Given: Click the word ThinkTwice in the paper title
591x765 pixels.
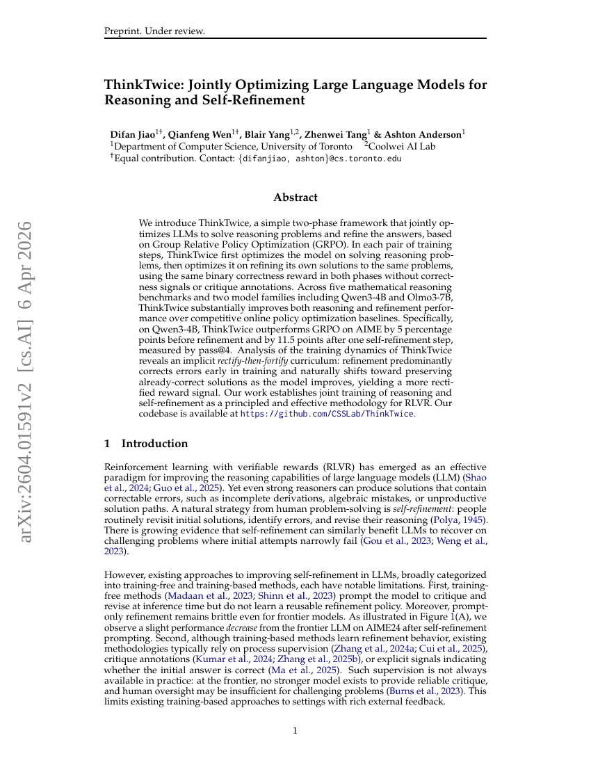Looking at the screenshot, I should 139,85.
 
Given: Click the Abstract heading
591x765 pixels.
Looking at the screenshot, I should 295,198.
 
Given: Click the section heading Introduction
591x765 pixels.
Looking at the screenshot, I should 154,444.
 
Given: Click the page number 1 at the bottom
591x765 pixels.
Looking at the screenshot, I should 295,731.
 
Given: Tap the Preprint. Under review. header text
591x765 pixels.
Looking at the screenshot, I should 154,31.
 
